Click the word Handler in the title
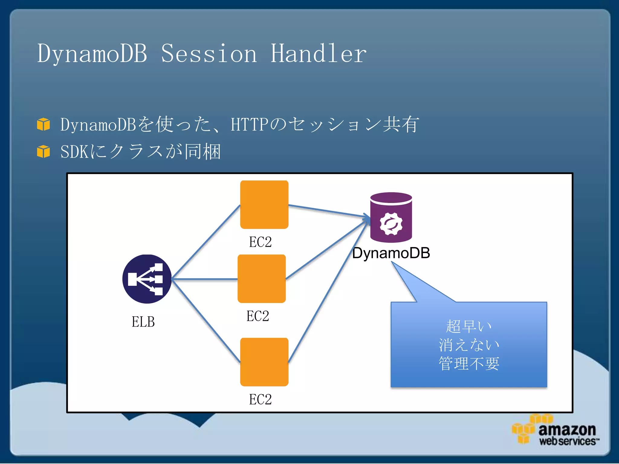click(x=318, y=54)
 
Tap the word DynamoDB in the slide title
click(x=92, y=54)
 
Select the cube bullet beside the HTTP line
click(x=43, y=124)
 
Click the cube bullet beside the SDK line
click(x=43, y=151)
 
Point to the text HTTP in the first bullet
click(x=249, y=124)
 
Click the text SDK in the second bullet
click(x=74, y=152)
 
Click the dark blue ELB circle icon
click(x=147, y=279)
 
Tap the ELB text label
click(x=143, y=322)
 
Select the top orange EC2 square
click(x=264, y=205)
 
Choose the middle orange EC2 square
click(x=261, y=279)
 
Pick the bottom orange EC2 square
click(x=264, y=362)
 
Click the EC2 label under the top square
click(x=260, y=242)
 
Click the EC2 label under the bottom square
click(x=260, y=399)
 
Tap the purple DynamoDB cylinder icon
click(x=391, y=217)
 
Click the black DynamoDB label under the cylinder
click(x=391, y=253)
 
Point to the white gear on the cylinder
click(x=391, y=224)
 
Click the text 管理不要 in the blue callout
click(x=469, y=363)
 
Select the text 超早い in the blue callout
click(x=469, y=326)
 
